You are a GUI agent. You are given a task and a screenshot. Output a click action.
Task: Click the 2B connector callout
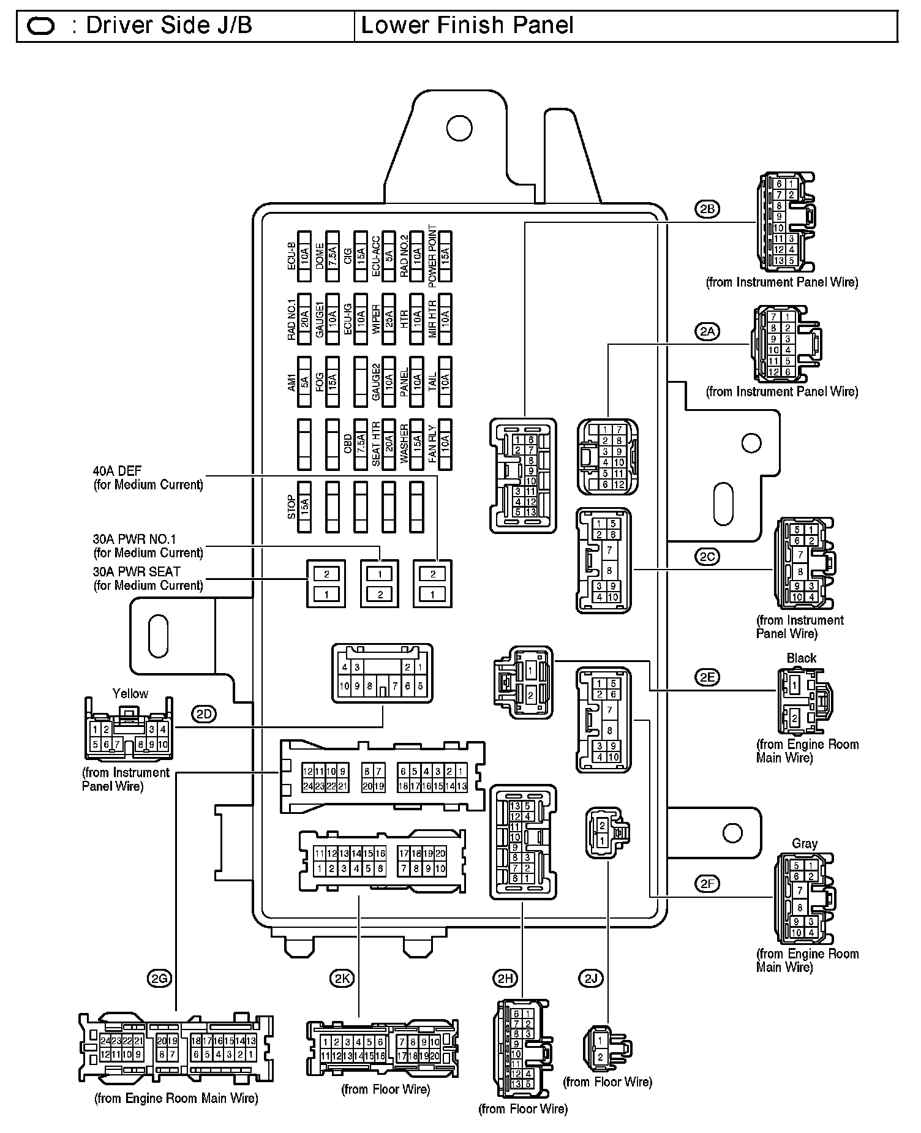(x=707, y=209)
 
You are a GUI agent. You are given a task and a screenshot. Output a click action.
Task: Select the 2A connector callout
(x=707, y=332)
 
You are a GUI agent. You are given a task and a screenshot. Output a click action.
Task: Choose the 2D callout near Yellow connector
(x=204, y=713)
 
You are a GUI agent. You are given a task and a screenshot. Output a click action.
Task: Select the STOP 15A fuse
(x=304, y=507)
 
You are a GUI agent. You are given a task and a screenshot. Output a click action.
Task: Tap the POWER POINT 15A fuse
(x=445, y=256)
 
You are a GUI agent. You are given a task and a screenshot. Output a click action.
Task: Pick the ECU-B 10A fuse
(x=304, y=256)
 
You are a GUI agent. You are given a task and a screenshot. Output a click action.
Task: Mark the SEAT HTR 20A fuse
(x=388, y=444)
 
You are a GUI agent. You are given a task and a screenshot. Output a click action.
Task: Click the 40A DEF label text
(x=117, y=471)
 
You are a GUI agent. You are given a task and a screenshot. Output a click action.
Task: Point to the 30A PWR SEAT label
(x=137, y=571)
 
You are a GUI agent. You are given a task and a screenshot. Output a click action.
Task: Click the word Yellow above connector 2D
(x=130, y=693)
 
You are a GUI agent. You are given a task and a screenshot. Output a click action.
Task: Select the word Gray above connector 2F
(x=805, y=843)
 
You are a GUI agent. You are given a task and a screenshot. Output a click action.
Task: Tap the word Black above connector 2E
(x=802, y=658)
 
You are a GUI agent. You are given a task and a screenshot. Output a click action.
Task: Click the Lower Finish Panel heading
(x=467, y=26)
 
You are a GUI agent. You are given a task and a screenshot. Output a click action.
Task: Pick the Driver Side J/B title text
(x=169, y=26)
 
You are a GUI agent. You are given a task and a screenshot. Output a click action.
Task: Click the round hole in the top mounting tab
(x=459, y=128)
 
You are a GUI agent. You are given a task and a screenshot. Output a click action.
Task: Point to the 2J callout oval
(x=590, y=979)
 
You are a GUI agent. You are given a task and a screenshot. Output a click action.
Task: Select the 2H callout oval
(x=505, y=979)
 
